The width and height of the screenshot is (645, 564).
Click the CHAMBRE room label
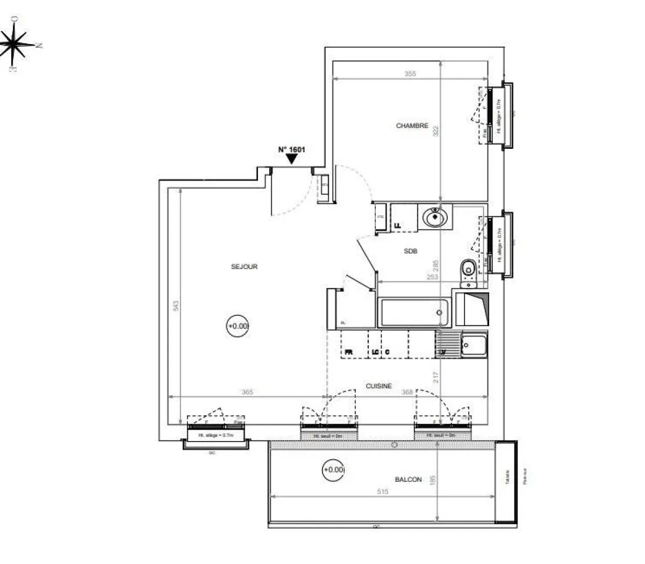coord(412,126)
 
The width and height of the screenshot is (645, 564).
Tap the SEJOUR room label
coord(245,266)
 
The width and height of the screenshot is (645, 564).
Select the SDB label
coord(411,251)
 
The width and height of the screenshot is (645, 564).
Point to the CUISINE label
coord(378,386)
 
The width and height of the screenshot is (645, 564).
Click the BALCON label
coord(408,479)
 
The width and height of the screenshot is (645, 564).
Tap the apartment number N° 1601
coord(291,149)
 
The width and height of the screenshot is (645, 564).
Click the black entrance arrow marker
coord(291,159)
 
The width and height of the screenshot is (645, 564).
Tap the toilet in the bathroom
coord(468,269)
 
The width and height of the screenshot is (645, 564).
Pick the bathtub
coord(414,313)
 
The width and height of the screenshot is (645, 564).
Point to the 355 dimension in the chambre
coord(410,74)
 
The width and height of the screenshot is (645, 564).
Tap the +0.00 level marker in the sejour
coord(238,326)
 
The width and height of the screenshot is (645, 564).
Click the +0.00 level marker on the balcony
coord(333,469)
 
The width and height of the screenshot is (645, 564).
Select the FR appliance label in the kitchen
coord(349,352)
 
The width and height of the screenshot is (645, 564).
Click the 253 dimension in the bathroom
coord(432,277)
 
